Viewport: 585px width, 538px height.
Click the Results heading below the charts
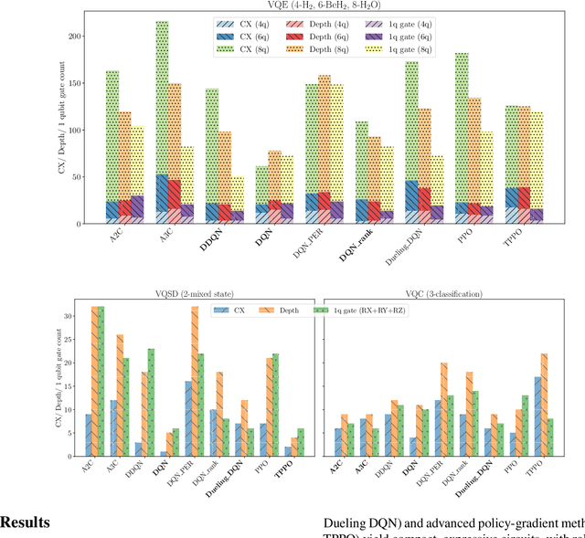click(25, 522)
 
